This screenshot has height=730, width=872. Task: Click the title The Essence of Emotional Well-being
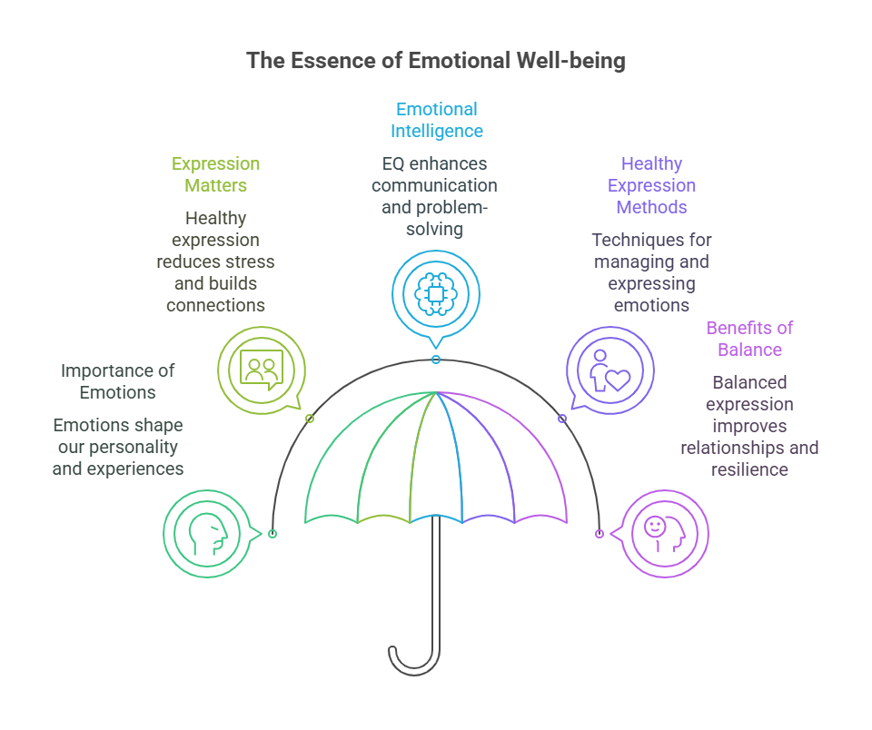436,62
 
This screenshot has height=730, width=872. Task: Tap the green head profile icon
207,533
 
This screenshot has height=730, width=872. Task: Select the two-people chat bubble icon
261,370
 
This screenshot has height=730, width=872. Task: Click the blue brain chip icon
436,293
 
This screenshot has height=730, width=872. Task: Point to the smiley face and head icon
665,533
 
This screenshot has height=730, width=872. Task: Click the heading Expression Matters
215,174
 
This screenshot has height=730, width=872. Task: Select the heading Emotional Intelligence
436,120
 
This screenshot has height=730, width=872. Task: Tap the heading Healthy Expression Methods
651,185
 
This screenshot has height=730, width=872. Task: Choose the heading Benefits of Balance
749,339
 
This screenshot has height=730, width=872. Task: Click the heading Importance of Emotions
118,381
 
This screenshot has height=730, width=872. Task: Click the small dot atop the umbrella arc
436,360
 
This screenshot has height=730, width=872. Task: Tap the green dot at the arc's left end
272,534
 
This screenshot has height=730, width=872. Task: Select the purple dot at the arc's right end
599,534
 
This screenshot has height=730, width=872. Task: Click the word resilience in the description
749,469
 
